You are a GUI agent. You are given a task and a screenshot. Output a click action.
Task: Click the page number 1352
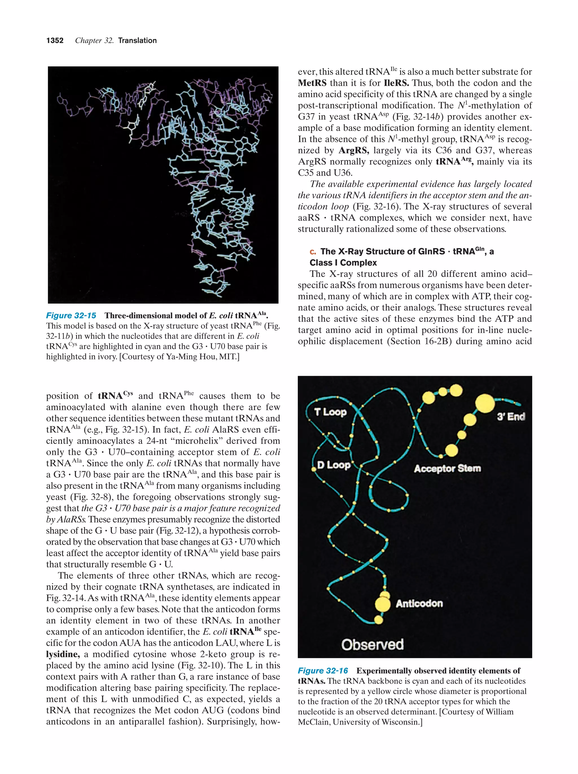click(55, 41)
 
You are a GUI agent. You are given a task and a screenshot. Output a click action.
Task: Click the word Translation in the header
click(137, 41)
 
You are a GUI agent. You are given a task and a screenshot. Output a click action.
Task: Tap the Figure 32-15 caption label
click(71, 316)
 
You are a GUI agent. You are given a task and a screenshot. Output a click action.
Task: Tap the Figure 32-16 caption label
click(323, 671)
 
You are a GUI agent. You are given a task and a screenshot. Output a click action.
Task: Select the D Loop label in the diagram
click(334, 465)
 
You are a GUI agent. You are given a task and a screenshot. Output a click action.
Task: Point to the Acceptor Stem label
click(447, 468)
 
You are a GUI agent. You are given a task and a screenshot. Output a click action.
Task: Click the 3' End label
click(511, 417)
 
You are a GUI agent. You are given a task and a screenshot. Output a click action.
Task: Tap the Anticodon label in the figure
click(419, 604)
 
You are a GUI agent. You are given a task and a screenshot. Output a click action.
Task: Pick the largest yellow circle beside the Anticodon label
click(382, 604)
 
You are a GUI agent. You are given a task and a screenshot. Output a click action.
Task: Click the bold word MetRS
click(312, 83)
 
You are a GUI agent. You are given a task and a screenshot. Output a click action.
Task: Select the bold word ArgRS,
click(354, 151)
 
